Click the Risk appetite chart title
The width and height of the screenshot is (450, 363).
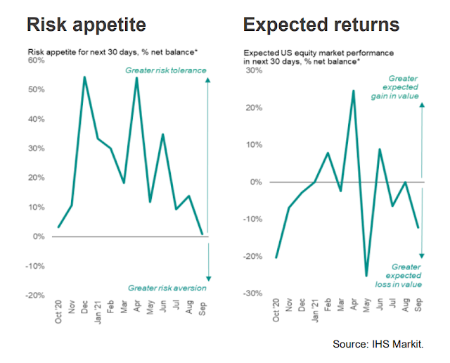[x=86, y=26]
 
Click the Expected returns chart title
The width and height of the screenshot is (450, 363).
[x=321, y=26]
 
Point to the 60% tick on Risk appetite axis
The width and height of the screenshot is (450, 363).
[x=37, y=60]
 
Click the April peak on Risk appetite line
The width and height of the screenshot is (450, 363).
[x=136, y=77]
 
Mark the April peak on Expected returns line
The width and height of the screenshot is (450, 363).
[x=354, y=90]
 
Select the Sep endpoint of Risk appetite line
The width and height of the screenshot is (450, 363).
[x=202, y=234]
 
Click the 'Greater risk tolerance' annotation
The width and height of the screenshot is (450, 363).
[x=166, y=70]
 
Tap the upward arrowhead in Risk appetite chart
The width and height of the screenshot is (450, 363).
[x=208, y=80]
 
